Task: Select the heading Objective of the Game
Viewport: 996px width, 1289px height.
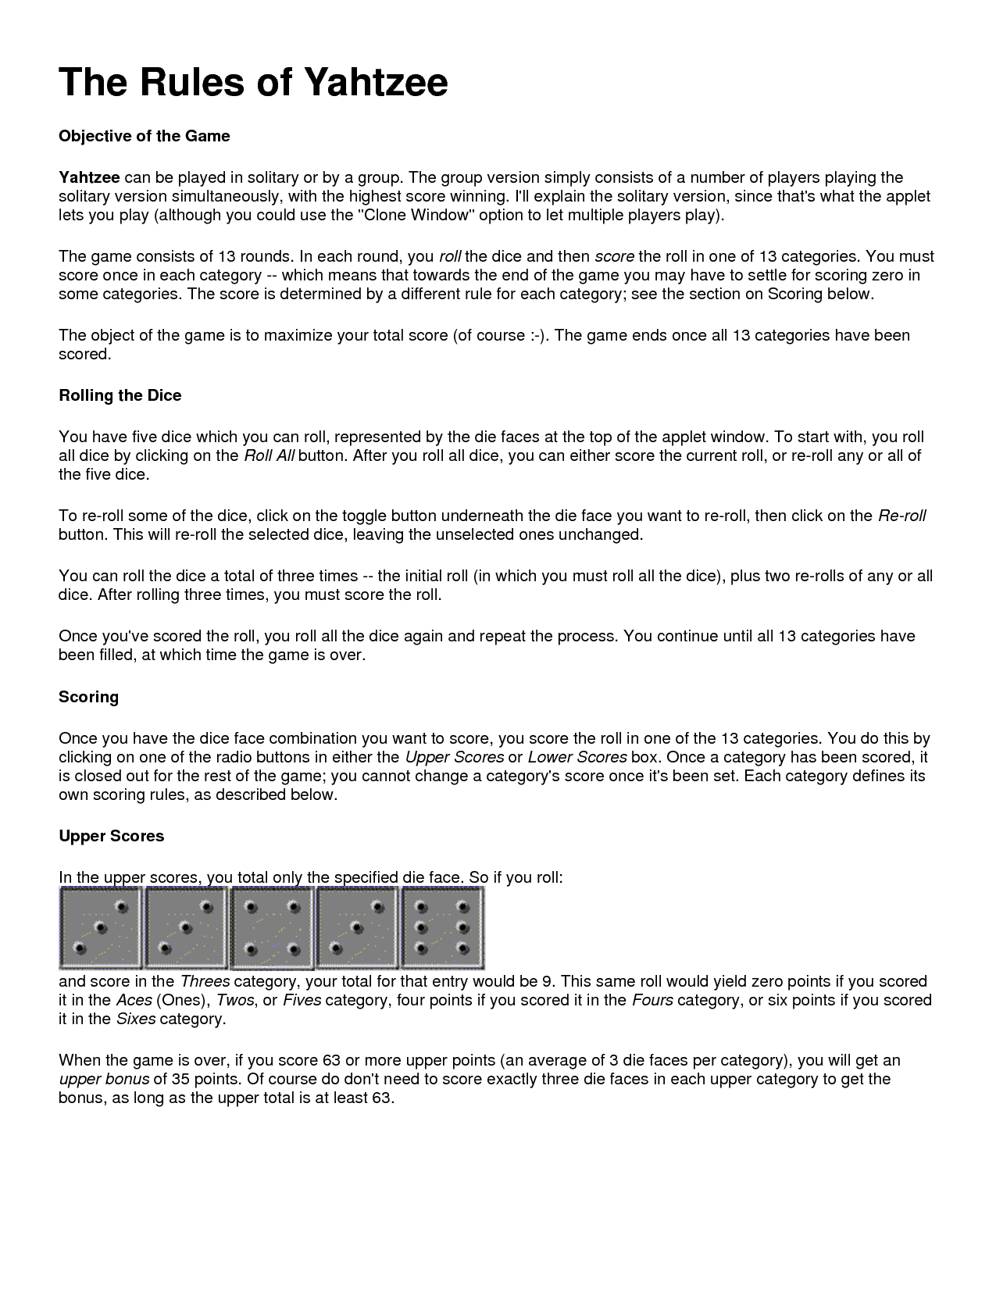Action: tap(145, 136)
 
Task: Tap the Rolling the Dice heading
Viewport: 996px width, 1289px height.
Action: tap(120, 395)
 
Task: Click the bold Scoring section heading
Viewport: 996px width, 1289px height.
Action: tap(88, 697)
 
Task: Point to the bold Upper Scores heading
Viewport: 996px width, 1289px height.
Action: tap(111, 836)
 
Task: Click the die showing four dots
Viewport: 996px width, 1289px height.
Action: tap(272, 928)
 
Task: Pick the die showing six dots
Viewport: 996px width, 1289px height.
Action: tap(442, 928)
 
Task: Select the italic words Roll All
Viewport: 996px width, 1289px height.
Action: tap(269, 455)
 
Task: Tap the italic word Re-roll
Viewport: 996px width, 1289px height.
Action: tap(902, 516)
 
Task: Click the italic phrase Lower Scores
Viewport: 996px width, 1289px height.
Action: tap(577, 757)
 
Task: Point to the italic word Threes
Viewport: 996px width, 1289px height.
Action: tap(205, 981)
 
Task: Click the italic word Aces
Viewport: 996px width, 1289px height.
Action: tap(134, 1000)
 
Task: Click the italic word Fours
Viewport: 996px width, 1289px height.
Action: tap(652, 1000)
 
